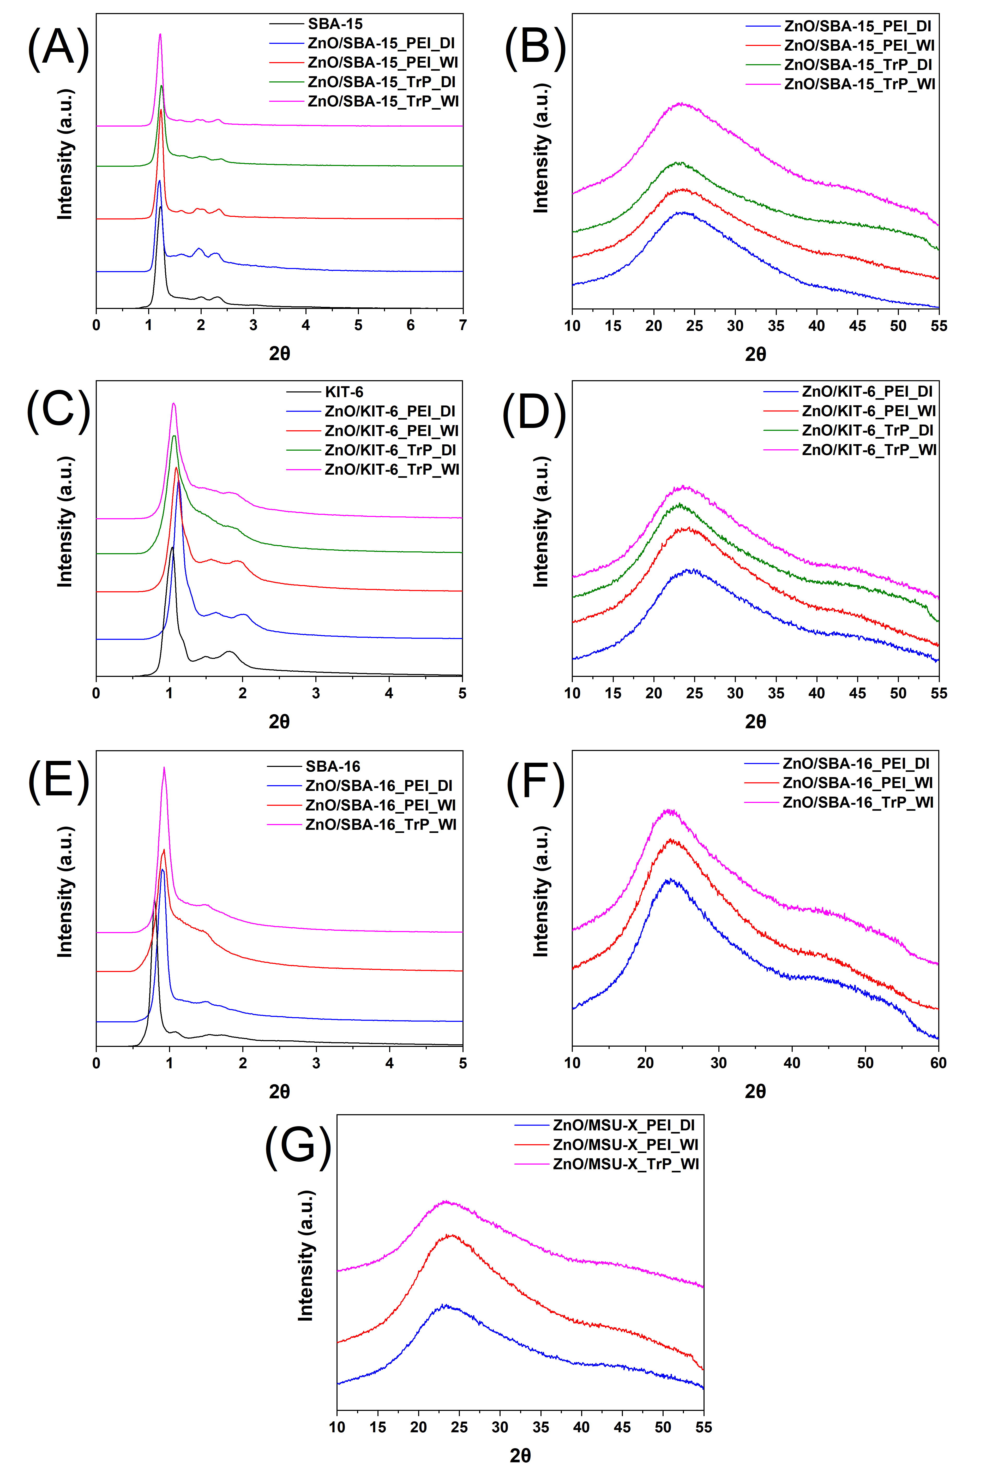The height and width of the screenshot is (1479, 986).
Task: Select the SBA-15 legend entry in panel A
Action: (x=335, y=24)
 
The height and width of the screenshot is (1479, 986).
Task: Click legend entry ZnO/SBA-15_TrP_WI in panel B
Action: (x=859, y=84)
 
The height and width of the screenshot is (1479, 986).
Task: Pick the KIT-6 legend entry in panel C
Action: (x=344, y=392)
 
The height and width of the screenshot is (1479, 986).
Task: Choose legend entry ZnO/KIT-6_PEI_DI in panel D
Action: (x=867, y=391)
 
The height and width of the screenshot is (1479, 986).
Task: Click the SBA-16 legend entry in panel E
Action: (x=333, y=766)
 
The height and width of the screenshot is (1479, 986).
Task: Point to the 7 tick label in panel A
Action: (x=463, y=325)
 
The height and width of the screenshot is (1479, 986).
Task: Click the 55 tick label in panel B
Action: (x=938, y=326)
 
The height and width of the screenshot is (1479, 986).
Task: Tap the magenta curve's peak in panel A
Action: (x=160, y=35)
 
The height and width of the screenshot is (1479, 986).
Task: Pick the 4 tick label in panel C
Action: (x=389, y=693)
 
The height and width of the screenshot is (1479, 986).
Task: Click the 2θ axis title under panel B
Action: (x=755, y=354)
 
